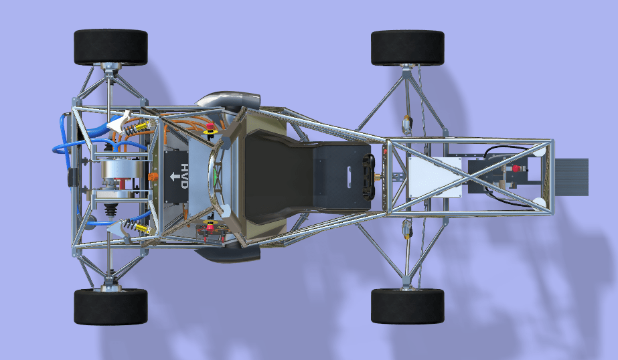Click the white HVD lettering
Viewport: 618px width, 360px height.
pyautogui.click(x=184, y=176)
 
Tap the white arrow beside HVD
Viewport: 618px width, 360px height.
pyautogui.click(x=174, y=176)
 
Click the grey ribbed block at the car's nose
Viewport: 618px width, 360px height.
pyautogui.click(x=572, y=177)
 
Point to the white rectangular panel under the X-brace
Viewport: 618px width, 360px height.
pyautogui.click(x=435, y=177)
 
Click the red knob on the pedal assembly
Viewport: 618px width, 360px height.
pyautogui.click(x=516, y=169)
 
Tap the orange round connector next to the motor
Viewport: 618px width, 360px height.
pyautogui.click(x=153, y=177)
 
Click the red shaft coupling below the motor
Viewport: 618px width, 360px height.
pyautogui.click(x=123, y=183)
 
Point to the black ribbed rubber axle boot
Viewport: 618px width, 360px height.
pyautogui.click(x=110, y=209)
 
